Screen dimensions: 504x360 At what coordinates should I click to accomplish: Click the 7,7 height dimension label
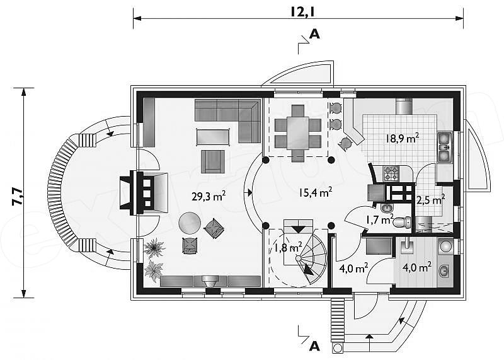click(x=17, y=197)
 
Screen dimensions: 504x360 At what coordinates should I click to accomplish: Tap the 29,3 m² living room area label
click(x=209, y=195)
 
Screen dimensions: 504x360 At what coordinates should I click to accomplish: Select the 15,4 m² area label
click(x=315, y=192)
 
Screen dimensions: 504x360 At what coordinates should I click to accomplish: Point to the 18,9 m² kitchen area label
click(x=403, y=138)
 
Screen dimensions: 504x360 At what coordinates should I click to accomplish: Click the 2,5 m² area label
click(x=431, y=200)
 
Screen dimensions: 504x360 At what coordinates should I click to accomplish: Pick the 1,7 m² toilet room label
click(x=379, y=220)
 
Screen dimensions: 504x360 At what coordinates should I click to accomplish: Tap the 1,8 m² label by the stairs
click(x=288, y=248)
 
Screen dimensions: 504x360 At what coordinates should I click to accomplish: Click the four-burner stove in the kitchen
click(x=391, y=173)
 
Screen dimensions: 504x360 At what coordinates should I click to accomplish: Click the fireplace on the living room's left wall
click(x=144, y=193)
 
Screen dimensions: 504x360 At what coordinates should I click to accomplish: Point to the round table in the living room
click(x=190, y=223)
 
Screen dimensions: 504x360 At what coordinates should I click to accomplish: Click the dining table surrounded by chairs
click(x=298, y=133)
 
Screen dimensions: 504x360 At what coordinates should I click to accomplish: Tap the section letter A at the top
click(x=314, y=34)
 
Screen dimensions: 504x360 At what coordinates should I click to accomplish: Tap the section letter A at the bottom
click(x=314, y=346)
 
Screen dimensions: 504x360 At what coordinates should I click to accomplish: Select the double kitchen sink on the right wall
click(x=445, y=147)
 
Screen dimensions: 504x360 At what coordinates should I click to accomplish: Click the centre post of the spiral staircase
click(x=299, y=258)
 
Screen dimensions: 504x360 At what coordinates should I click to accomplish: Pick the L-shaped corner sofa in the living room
click(x=227, y=120)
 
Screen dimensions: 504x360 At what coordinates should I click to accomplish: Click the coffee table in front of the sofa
click(x=213, y=137)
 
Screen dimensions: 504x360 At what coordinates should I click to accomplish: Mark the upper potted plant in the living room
click(x=154, y=248)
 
